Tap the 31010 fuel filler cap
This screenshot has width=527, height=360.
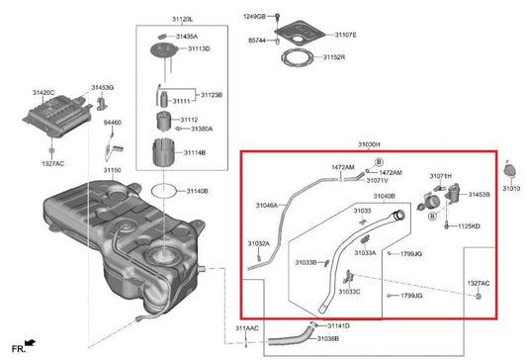coord(510,167)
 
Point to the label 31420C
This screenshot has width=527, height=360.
coord(44,92)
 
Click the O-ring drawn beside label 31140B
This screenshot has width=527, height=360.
coord(167,189)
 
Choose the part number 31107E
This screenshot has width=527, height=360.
coord(345,36)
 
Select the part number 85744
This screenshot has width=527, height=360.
coord(256,41)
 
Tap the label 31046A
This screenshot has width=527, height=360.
coord(266,205)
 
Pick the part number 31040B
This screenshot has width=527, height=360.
coord(384,196)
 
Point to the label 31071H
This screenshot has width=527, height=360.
coord(440,176)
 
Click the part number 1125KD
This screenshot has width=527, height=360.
coord(469,225)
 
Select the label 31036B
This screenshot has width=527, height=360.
coord(328,338)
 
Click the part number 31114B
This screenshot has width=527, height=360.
coord(193,153)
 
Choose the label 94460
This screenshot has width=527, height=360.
coord(112,123)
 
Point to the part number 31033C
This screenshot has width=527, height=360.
coord(350,293)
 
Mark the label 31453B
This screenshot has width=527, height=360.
coord(479,195)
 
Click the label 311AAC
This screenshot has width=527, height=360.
coord(246,327)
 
